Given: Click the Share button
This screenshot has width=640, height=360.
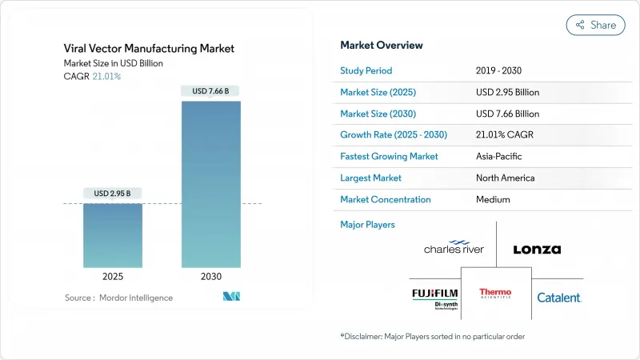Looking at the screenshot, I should pyautogui.click(x=595, y=25).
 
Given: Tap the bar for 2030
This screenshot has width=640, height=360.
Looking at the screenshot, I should pyautogui.click(x=211, y=184).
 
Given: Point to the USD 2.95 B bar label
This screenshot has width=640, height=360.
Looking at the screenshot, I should pyautogui.click(x=112, y=193).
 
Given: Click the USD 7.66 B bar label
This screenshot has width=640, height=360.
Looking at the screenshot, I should pyautogui.click(x=211, y=91).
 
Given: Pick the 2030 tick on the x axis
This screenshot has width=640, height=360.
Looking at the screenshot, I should pyautogui.click(x=211, y=276).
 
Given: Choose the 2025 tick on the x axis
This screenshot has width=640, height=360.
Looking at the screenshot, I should pyautogui.click(x=112, y=276).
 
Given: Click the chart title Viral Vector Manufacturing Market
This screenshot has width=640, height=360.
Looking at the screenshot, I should pyautogui.click(x=149, y=48).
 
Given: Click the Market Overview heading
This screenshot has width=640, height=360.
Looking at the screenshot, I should pyautogui.click(x=382, y=45).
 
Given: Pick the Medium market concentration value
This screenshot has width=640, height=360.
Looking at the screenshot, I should pyautogui.click(x=493, y=199).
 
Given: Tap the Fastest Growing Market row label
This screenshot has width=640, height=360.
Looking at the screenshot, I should pyautogui.click(x=389, y=156).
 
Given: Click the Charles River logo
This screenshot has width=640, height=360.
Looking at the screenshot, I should pyautogui.click(x=454, y=247).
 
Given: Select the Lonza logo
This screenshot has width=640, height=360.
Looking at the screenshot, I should pyautogui.click(x=537, y=249).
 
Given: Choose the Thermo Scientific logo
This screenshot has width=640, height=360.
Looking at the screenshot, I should pyautogui.click(x=495, y=296).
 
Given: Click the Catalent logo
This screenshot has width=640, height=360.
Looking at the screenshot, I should pyautogui.click(x=559, y=298).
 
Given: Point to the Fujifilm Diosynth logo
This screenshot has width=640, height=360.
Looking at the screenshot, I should pyautogui.click(x=434, y=298).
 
